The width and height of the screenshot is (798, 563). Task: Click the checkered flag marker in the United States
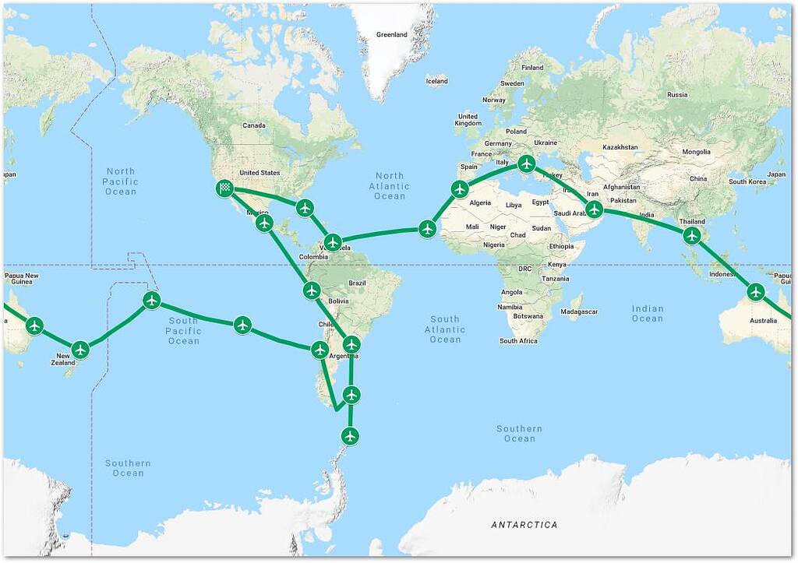224,187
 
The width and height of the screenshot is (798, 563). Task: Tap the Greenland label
392,35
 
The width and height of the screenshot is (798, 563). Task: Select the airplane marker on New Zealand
80,350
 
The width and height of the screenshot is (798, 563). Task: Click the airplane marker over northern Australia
755,292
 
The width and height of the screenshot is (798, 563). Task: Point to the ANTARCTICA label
524,525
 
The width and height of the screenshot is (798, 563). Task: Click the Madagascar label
580,311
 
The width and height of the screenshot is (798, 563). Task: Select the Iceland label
436,81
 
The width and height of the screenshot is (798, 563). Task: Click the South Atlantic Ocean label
445,329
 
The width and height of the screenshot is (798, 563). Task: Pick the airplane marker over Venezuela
333,242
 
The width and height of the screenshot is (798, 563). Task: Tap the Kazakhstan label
620,147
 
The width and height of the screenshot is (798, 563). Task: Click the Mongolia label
696,152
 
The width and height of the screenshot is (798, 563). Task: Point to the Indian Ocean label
648,313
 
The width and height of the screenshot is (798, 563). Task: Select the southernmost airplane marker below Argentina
350,436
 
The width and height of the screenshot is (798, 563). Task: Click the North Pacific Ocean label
121,181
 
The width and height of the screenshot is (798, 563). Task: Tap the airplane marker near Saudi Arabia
595,209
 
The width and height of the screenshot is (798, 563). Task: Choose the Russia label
677,95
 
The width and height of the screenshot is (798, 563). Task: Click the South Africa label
519,340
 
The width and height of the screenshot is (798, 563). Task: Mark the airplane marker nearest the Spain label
459,188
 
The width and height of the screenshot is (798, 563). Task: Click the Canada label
254,125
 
